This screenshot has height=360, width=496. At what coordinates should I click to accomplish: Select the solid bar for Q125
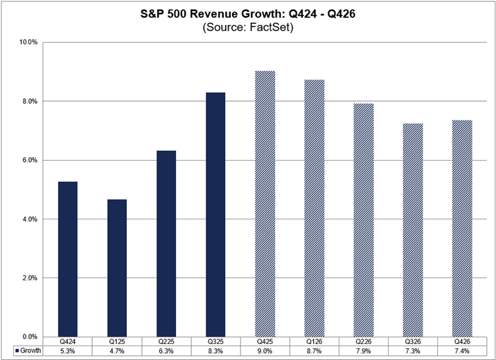tap(117, 268)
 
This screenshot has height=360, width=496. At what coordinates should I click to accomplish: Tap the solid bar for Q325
tap(215, 215)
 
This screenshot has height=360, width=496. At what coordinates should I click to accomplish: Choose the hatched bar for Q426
tap(462, 228)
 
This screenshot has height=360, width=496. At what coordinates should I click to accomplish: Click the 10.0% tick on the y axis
tap(28, 42)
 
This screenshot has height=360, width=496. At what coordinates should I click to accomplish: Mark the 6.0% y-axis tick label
tap(29, 160)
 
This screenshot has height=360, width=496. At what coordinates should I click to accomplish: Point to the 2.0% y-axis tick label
tap(29, 278)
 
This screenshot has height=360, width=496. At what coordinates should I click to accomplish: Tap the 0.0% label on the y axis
tap(29, 337)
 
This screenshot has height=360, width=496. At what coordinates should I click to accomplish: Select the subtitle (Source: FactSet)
tap(248, 28)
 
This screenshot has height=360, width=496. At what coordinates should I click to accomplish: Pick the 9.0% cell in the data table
tap(265, 351)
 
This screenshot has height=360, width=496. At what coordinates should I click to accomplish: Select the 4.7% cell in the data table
tap(117, 351)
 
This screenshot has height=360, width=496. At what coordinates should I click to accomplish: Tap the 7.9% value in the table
tap(364, 351)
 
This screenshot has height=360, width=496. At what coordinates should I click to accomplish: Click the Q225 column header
tap(166, 341)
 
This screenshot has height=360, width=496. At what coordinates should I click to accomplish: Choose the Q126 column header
tap(315, 341)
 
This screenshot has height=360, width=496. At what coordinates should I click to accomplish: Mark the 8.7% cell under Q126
tap(315, 351)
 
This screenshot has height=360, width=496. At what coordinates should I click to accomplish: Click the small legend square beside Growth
tap(15, 351)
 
